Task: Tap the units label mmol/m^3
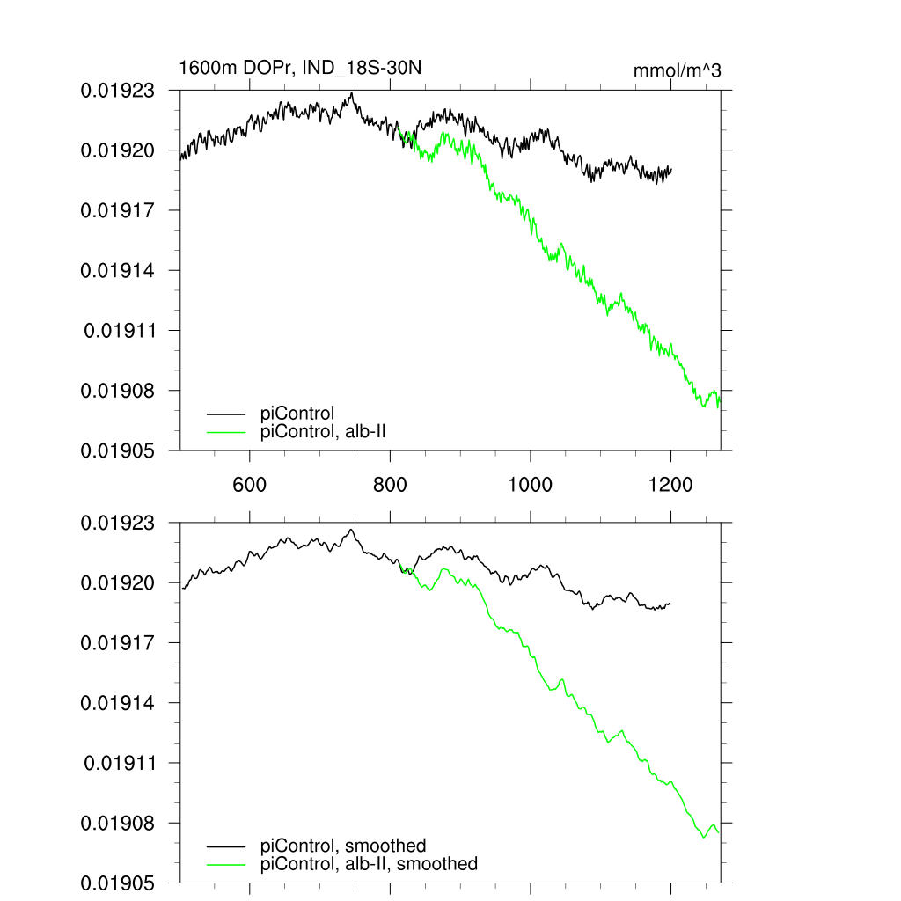pyautogui.click(x=678, y=70)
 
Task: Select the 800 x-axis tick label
pyautogui.click(x=390, y=483)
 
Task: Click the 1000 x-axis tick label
pyautogui.click(x=531, y=483)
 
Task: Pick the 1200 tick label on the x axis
pyautogui.click(x=670, y=483)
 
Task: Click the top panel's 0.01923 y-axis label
pyautogui.click(x=118, y=91)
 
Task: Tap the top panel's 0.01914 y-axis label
pyautogui.click(x=118, y=270)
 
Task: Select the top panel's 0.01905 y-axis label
pyautogui.click(x=118, y=450)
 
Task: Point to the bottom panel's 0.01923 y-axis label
pyautogui.click(x=118, y=523)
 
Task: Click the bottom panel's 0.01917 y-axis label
pyautogui.click(x=118, y=643)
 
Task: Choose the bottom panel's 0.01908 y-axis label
pyautogui.click(x=118, y=823)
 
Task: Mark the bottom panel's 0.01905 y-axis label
pyautogui.click(x=118, y=883)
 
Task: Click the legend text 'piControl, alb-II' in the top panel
pyautogui.click(x=325, y=431)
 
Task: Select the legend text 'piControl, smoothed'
pyautogui.click(x=343, y=846)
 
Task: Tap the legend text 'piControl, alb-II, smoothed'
pyautogui.click(x=370, y=864)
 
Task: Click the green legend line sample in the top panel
pyautogui.click(x=226, y=431)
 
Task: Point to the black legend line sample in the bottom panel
pyautogui.click(x=226, y=846)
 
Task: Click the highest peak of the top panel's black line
pyautogui.click(x=352, y=92)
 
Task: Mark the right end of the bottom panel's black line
pyautogui.click(x=670, y=604)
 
